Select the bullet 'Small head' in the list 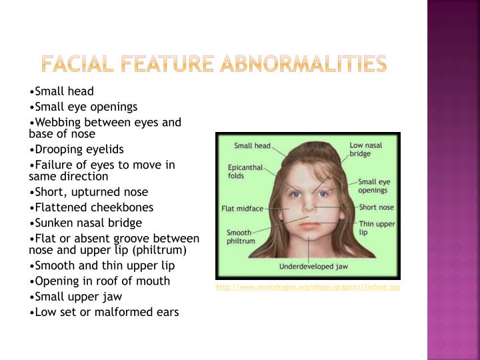(x=62, y=91)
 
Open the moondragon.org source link (x=307, y=287)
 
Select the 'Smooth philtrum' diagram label (x=241, y=237)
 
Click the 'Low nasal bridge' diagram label (x=365, y=149)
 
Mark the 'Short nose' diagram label (x=376, y=207)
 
